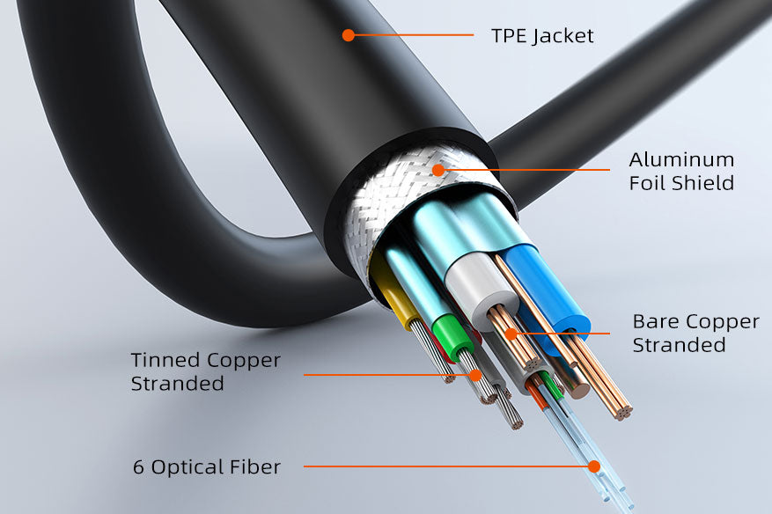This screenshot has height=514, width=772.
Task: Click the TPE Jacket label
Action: (x=542, y=36)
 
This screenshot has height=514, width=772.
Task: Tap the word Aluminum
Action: (x=681, y=159)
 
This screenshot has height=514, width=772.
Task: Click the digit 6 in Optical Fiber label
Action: (x=138, y=466)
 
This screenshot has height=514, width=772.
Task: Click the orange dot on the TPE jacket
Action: (x=349, y=35)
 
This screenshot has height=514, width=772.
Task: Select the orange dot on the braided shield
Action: (x=437, y=171)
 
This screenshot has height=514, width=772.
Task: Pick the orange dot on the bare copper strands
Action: (x=511, y=334)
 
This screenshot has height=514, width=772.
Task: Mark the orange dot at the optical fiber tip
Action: (x=594, y=466)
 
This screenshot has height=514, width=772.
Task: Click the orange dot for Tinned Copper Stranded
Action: (x=475, y=375)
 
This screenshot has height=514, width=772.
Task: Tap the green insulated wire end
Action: (x=452, y=338)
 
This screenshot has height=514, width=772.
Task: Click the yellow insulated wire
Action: (x=393, y=290)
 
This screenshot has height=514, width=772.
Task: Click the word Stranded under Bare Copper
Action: (x=679, y=345)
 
